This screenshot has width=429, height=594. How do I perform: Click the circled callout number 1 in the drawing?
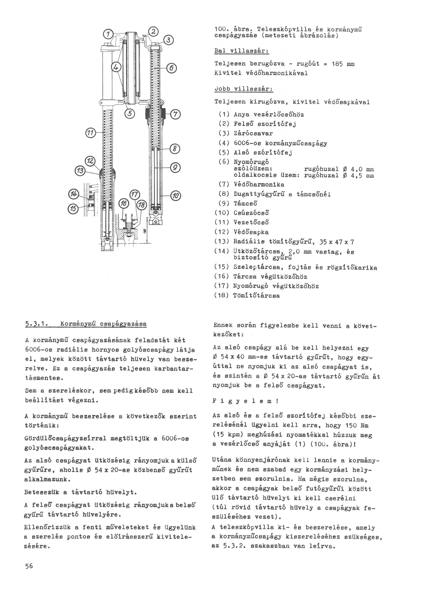108,34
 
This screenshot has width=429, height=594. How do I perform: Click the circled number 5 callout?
129,113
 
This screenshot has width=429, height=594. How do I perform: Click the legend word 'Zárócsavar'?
253,133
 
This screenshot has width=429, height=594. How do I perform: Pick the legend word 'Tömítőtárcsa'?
256,296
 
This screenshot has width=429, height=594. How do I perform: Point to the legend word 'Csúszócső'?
251,213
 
